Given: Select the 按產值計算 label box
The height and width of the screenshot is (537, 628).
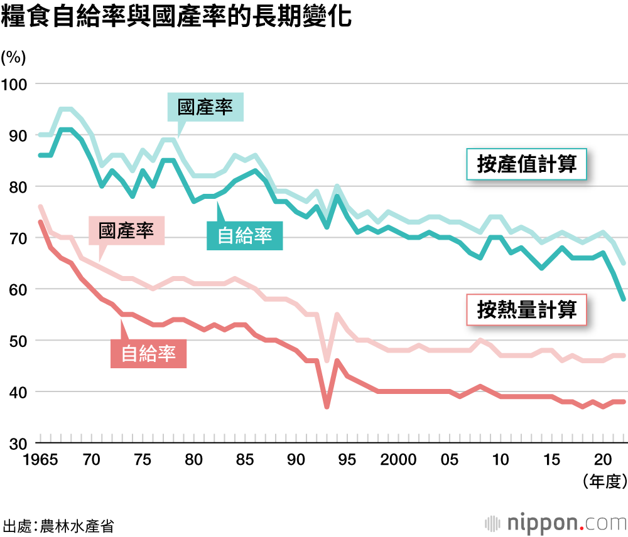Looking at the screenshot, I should click(526, 164).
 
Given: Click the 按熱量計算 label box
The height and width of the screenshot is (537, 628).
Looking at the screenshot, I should click(526, 310).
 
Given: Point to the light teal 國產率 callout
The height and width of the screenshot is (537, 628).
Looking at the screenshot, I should click(205, 107).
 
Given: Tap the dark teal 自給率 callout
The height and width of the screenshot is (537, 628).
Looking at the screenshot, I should click(244, 235).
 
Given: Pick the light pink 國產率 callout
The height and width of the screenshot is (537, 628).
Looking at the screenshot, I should click(126, 231).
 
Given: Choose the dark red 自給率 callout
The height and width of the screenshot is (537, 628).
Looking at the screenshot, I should click(148, 353).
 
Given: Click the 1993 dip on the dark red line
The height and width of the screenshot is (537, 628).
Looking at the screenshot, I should click(327, 407).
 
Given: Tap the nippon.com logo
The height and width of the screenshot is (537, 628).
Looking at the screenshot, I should click(555, 522).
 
